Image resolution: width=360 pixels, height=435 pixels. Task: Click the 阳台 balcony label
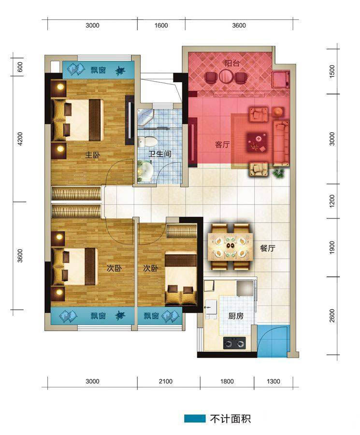[x=232, y=63]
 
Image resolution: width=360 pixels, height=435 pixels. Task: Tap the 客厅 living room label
[x=222, y=145]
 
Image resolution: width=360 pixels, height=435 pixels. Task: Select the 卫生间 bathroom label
[x=160, y=154]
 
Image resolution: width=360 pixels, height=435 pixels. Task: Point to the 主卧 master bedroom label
[x=92, y=155]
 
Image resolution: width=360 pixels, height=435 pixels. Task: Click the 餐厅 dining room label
[x=267, y=248]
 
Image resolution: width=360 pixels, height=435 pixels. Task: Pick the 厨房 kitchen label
[x=236, y=316]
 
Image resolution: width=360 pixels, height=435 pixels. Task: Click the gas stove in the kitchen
[x=234, y=343]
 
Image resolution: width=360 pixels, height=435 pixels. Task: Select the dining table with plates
[x=231, y=246]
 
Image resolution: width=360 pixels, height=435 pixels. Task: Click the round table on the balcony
[x=226, y=77]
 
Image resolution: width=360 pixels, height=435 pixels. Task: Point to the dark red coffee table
[x=257, y=142]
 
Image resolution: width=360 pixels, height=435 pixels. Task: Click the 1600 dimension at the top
[x=161, y=26]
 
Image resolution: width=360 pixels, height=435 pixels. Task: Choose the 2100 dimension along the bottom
[x=166, y=381]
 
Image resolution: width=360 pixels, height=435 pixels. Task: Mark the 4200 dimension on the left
[x=20, y=139]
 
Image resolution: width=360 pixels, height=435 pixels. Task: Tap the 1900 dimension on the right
[x=332, y=247]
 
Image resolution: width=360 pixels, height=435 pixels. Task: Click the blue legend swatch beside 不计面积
[x=195, y=419]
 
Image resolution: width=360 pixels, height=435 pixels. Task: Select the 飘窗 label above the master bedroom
[x=98, y=70]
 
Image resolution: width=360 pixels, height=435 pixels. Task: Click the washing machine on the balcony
[x=281, y=80]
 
